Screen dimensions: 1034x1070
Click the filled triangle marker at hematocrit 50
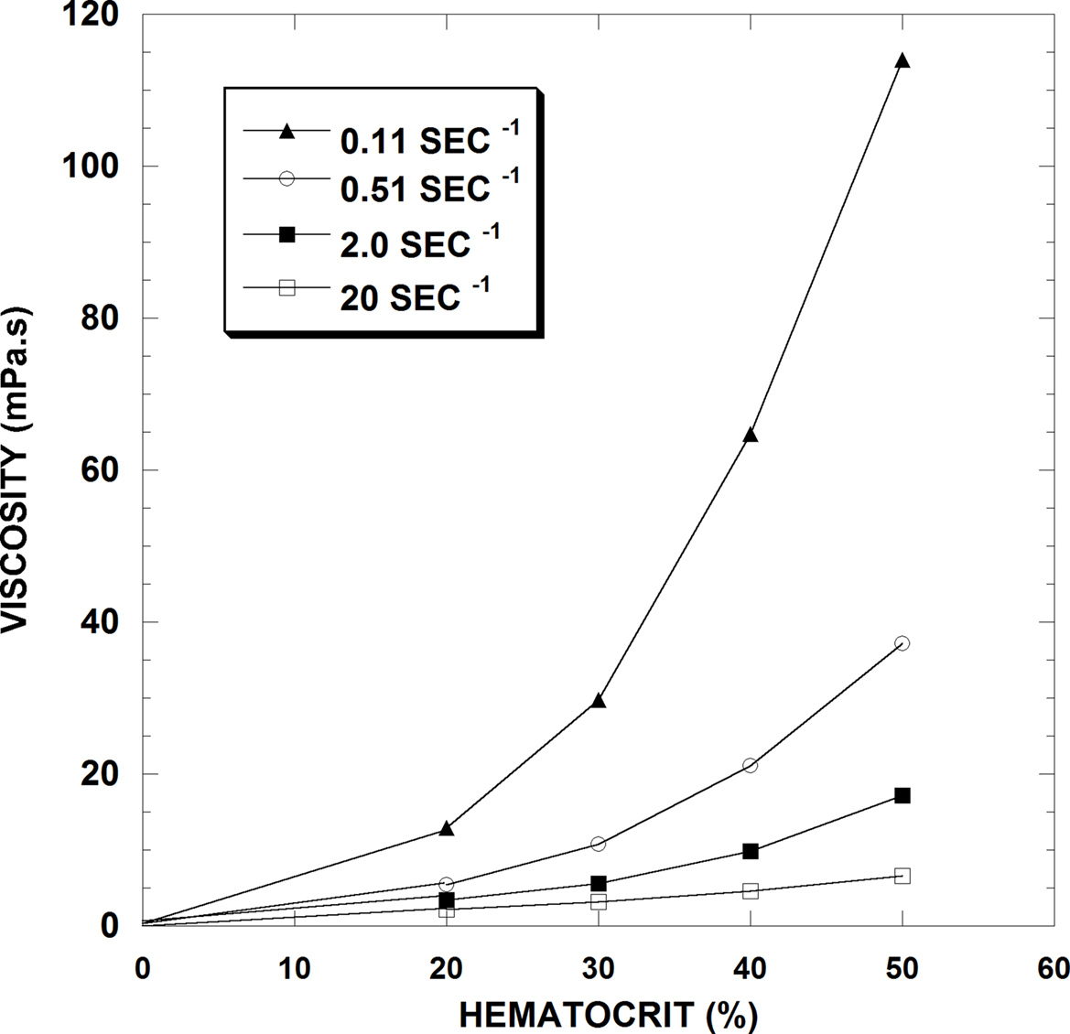902,60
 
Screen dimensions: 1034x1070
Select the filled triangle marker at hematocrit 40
751,436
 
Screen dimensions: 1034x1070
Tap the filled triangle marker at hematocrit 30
599,700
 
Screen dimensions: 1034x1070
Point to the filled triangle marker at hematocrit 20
447,828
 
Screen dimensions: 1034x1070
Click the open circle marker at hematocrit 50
902,643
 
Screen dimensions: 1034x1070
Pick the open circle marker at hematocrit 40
751,765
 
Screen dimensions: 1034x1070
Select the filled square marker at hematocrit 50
902,795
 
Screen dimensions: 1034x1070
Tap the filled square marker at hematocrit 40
751,851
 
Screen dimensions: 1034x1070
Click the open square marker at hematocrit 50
902,876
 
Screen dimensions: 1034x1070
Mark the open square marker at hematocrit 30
599,901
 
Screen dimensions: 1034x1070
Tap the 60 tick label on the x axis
1052,968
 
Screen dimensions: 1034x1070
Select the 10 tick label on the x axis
295,968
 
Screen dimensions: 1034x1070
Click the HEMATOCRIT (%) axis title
608,1015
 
